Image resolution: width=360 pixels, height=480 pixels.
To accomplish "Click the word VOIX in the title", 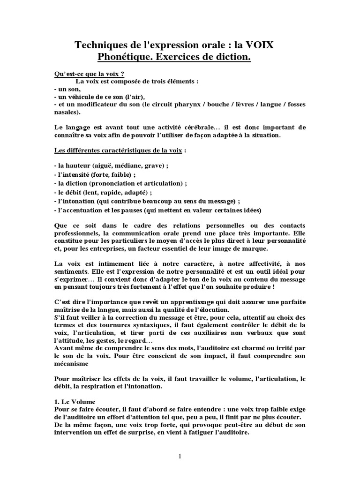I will pos(264,45).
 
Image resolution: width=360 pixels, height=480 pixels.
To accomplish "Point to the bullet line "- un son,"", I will pos(67,89).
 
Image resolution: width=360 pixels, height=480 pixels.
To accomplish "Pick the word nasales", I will pos(67,112).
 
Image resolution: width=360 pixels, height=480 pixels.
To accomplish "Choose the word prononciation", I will pos(110,184).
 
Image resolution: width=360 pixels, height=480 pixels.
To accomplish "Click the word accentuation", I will pos(80,210).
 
